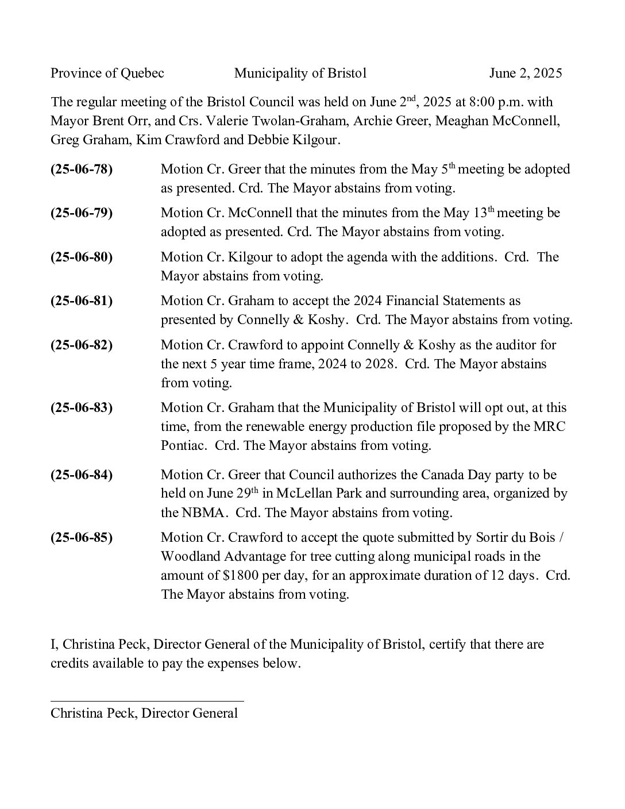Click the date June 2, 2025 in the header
[525, 73]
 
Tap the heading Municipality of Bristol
[300, 73]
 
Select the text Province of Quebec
[107, 73]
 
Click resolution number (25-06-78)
[82, 169]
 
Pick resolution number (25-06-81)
[82, 301]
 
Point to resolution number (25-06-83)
[82, 408]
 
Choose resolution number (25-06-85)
[82, 538]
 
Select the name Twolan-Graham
[305, 121]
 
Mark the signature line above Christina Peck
[147, 701]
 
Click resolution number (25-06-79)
[82, 213]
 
